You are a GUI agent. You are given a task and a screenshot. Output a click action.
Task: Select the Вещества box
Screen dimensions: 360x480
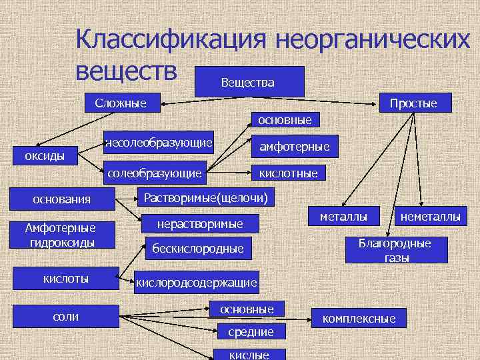[247, 81]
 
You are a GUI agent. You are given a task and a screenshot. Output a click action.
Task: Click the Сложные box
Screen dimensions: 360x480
[121, 103]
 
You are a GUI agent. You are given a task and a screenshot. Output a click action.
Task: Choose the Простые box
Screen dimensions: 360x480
[413, 103]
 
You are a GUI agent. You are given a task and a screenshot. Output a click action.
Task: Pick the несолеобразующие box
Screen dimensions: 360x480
[159, 142]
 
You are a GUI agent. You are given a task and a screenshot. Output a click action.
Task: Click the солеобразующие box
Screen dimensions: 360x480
[155, 173]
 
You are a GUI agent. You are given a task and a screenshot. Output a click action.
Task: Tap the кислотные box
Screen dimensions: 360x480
[289, 173]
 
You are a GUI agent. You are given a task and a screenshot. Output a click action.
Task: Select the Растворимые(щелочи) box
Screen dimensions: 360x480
[206, 197]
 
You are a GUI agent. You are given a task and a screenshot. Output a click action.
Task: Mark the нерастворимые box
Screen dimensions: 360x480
[199, 223]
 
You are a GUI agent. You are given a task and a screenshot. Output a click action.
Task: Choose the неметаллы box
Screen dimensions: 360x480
[429, 216]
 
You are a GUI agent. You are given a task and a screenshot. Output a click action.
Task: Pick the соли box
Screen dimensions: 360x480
[66, 316]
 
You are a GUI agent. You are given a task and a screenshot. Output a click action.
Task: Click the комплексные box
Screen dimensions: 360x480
[359, 319]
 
